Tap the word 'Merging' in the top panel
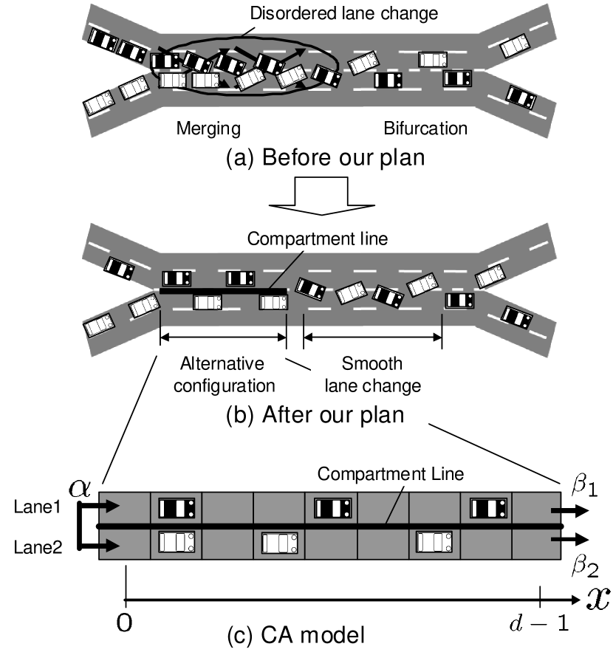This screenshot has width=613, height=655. pos(208,128)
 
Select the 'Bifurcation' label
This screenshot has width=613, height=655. pos(425,128)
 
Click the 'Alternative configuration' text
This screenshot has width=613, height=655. pos(222,374)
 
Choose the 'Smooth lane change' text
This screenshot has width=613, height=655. pos(372,374)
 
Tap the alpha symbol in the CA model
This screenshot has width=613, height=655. pos(77,487)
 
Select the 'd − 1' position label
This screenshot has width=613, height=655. pos(539,623)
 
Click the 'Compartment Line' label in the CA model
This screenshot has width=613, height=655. pos(391,473)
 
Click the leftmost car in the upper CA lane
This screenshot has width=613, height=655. pos(177,507)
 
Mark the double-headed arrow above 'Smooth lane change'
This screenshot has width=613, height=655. pos(372,337)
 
